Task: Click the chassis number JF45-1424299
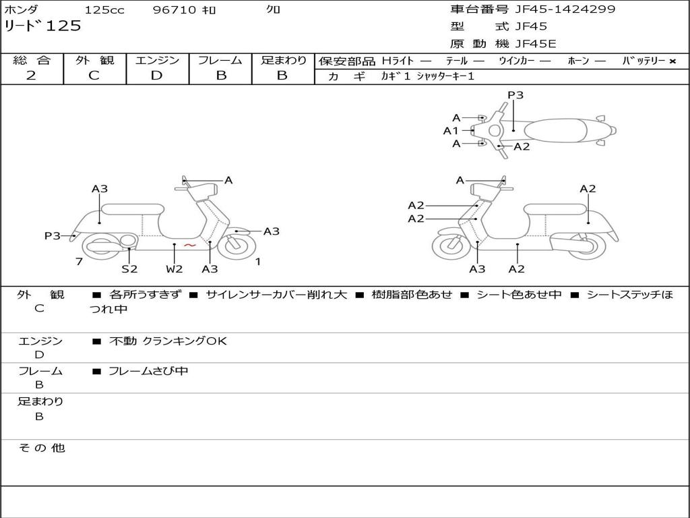(565, 9)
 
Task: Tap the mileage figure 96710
(175, 9)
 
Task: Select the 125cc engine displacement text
(104, 9)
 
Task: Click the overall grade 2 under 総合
(31, 76)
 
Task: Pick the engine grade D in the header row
(156, 76)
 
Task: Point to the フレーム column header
(220, 60)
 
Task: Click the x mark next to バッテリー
(672, 61)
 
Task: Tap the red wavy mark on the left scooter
(189, 245)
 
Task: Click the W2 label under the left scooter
(175, 268)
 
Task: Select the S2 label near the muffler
(129, 268)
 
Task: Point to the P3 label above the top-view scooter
(515, 95)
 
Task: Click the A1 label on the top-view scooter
(451, 131)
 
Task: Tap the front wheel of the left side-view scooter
(237, 246)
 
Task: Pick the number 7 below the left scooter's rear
(80, 262)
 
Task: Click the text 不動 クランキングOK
(168, 341)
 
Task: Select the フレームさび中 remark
(148, 372)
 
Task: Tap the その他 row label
(41, 448)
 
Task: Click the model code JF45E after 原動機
(536, 44)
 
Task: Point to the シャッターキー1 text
(445, 76)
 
